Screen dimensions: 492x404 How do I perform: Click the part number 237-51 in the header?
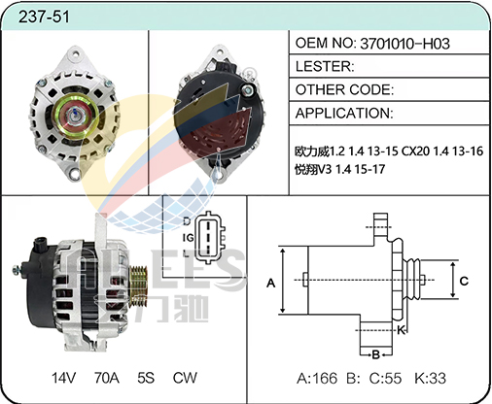click(x=44, y=17)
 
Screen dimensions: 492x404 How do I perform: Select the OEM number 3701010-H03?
click(x=404, y=44)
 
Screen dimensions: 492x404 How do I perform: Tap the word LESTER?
click(x=323, y=66)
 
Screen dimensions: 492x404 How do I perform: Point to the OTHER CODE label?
click(x=343, y=89)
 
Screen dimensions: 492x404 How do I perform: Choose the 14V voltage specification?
click(x=63, y=378)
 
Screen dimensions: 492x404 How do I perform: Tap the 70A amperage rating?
click(x=107, y=378)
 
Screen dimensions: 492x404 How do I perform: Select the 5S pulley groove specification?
click(x=146, y=378)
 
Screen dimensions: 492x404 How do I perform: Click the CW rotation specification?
click(x=185, y=378)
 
